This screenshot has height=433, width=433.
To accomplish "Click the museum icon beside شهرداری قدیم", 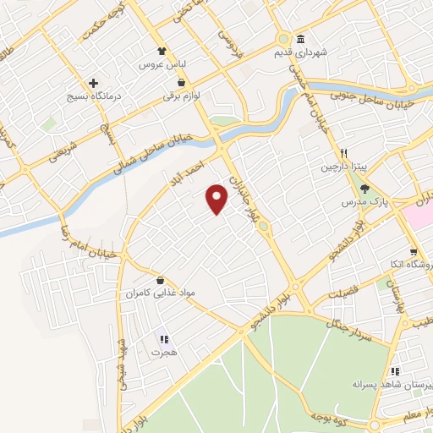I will tap(300, 40).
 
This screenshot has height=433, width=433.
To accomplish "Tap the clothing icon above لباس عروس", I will tap(162, 50).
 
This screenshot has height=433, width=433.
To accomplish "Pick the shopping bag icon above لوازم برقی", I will tap(180, 84).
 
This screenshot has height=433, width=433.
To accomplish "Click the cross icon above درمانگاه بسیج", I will tap(94, 83).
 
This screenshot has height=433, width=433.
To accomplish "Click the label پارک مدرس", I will tap(359, 203).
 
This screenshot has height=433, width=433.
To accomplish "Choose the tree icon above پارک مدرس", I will tap(364, 189).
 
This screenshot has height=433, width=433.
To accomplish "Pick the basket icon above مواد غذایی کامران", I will tap(160, 280).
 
